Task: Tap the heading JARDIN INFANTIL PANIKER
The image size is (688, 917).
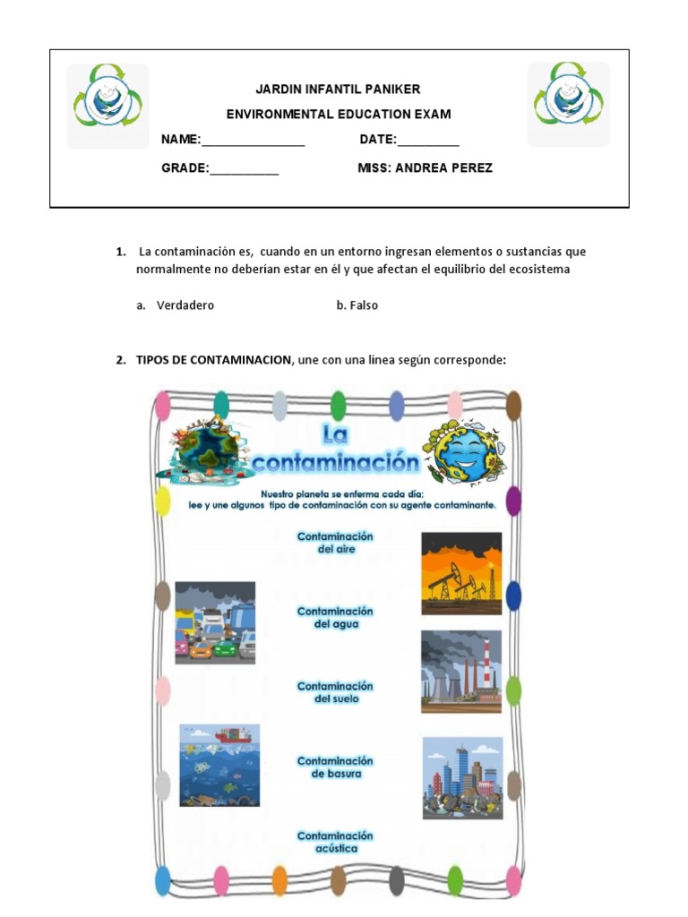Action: click(x=338, y=90)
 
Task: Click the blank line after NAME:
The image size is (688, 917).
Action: click(x=254, y=141)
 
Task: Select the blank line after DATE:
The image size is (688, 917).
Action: click(x=427, y=141)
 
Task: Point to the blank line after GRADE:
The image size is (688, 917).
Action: click(x=244, y=169)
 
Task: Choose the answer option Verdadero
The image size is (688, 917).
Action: click(x=185, y=305)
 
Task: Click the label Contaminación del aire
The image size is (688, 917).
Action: click(x=335, y=543)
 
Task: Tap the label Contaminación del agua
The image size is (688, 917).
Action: click(x=335, y=618)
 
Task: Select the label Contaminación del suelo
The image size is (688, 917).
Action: click(x=335, y=692)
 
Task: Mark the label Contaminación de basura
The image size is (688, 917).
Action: click(x=335, y=767)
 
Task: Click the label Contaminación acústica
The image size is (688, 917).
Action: click(x=335, y=842)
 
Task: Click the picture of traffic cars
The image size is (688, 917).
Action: click(x=215, y=622)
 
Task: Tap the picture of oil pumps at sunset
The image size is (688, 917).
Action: click(x=461, y=573)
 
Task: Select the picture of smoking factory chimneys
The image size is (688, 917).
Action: click(x=461, y=672)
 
